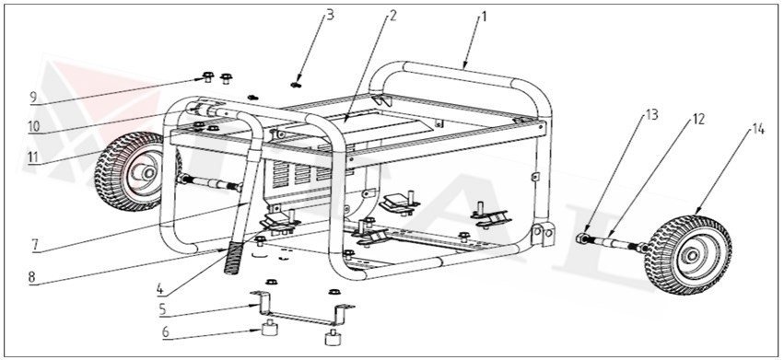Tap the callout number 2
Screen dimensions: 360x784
coord(392,16)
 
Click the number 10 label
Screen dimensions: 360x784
coord(33,126)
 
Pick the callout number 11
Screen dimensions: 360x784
coord(33,157)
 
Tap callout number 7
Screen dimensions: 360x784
coord(33,246)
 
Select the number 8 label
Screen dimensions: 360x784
coord(33,275)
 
